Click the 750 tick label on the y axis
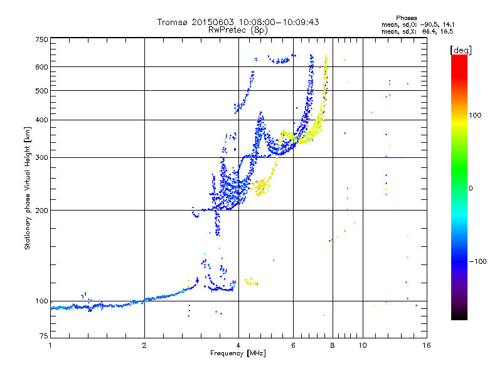pos(42,39)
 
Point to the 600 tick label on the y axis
pos(42,66)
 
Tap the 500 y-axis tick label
pos(42,91)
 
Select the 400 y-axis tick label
pos(42,120)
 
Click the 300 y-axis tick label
pos(42,157)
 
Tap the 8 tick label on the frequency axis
pos(333,345)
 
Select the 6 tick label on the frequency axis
pos(294,345)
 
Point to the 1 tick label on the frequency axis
pos(50,345)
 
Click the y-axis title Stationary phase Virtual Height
pos(27,188)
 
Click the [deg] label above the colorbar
pos(461,50)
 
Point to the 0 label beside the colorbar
pos(471,188)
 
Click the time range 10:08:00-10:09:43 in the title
pos(278,22)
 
